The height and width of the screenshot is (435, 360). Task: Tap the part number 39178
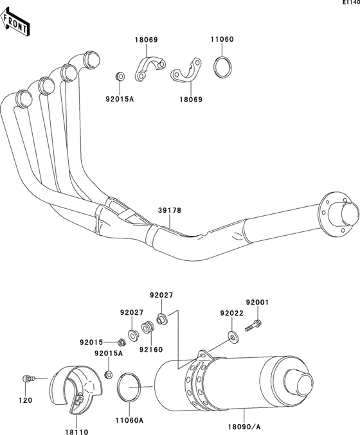click(170, 210)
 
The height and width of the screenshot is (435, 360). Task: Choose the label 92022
click(231, 313)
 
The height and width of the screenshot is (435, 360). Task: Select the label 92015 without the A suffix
click(92, 342)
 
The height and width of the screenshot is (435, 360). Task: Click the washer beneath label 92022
click(231, 334)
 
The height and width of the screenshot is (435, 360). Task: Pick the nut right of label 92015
click(121, 341)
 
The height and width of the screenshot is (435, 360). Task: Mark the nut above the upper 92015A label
click(119, 76)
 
